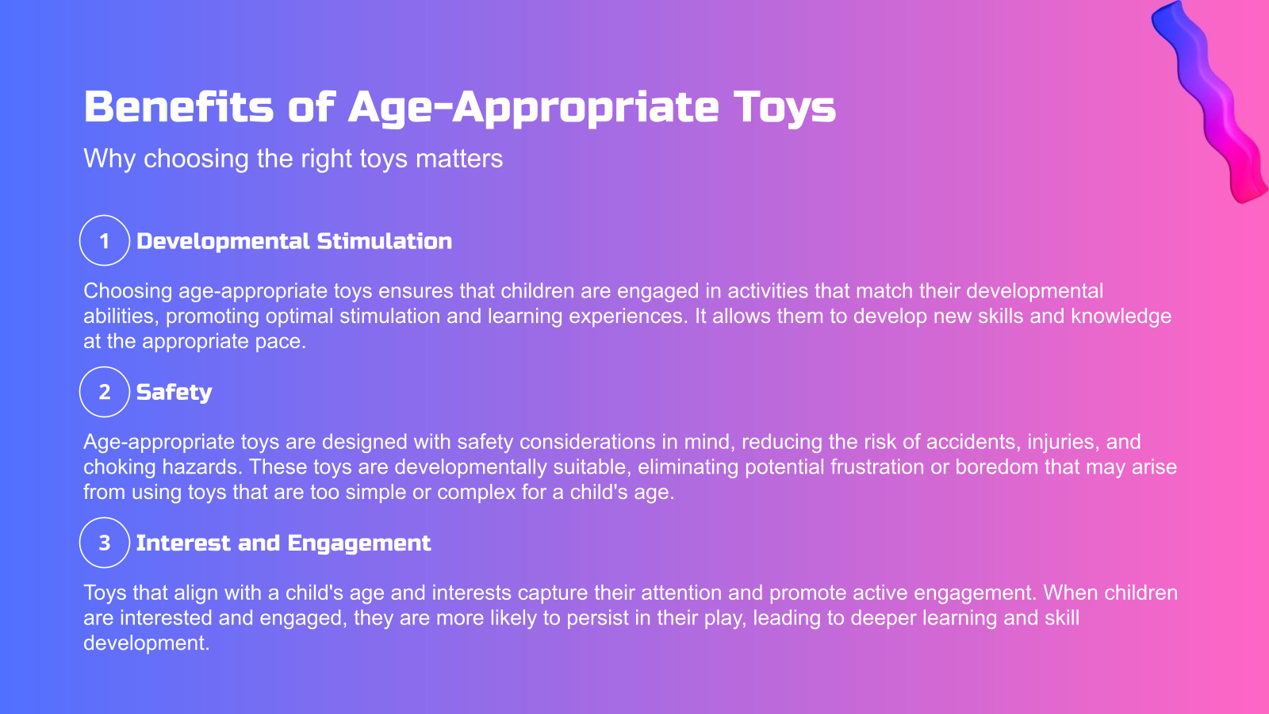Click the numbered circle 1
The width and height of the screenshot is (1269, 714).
pyautogui.click(x=104, y=240)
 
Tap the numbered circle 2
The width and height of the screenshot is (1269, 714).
pyautogui.click(x=104, y=392)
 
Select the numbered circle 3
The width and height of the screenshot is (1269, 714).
pyautogui.click(x=104, y=543)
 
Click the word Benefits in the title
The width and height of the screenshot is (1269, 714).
pyautogui.click(x=178, y=107)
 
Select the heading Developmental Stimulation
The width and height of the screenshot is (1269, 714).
pyautogui.click(x=294, y=241)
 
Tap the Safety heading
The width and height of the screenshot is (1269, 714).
pyautogui.click(x=174, y=393)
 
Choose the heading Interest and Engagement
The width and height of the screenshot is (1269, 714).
pyautogui.click(x=283, y=543)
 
